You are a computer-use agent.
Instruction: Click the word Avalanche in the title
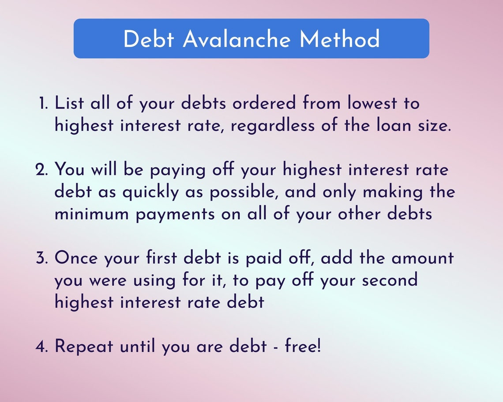tap(236, 39)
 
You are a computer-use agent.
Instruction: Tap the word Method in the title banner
tap(339, 39)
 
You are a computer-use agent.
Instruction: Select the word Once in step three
tap(76, 258)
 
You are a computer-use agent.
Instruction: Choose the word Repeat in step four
tap(83, 347)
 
